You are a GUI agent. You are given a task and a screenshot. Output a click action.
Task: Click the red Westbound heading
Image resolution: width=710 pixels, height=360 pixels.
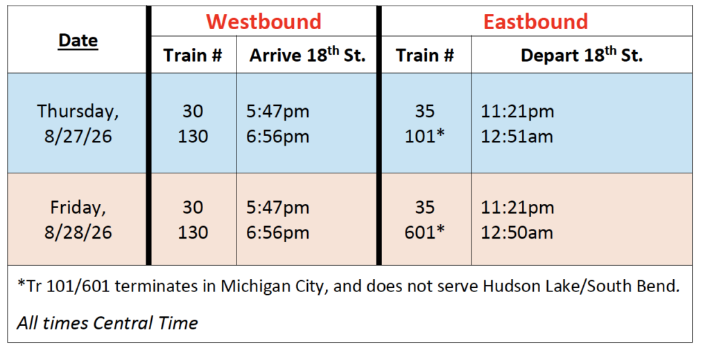pos(263,22)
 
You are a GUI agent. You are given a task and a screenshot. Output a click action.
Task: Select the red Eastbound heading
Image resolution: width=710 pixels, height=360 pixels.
pos(536,22)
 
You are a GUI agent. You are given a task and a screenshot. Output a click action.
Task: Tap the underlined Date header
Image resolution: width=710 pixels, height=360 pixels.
pos(78,40)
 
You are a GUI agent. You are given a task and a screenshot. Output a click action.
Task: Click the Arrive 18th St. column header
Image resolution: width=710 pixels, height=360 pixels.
pos(307,55)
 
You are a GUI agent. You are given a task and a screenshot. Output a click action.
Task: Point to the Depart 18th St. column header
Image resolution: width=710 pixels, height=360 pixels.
pos(582,55)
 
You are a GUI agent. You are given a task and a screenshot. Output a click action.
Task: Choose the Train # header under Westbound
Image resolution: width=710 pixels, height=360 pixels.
pos(193,55)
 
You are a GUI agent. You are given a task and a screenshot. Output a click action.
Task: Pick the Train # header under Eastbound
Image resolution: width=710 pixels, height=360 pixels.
pos(425,55)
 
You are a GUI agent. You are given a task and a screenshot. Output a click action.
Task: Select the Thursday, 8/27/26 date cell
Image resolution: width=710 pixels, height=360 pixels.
pos(78,123)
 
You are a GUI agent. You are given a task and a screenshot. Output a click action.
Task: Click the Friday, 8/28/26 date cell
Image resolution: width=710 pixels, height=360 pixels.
pos(78,220)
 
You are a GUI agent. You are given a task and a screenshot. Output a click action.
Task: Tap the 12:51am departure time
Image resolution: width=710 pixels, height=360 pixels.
pos(517,137)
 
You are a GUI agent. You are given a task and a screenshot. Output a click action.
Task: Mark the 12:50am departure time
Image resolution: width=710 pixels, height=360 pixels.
pos(517,232)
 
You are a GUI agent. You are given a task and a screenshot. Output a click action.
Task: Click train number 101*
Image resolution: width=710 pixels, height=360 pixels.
pos(425,136)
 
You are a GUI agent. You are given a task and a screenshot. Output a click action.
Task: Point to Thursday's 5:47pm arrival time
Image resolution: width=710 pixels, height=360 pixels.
pos(277,112)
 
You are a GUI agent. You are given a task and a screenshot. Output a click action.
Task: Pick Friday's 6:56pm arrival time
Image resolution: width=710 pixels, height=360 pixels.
pos(277,233)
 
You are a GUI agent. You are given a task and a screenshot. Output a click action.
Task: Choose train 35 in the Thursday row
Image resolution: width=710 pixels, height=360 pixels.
pos(425,111)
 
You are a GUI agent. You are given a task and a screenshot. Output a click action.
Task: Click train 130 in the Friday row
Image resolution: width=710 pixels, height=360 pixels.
pos(193,232)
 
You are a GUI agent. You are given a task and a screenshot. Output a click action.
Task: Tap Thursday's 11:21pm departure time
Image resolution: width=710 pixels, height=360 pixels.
pos(517,112)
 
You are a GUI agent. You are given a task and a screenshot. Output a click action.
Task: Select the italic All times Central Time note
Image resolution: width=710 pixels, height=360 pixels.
pos(107,323)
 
